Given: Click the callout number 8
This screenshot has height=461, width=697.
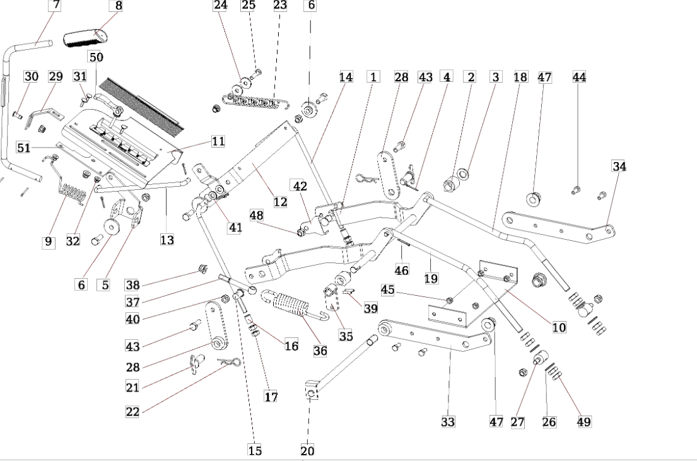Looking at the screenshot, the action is (x=118, y=5).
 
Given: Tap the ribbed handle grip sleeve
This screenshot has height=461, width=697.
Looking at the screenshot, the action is (x=85, y=38).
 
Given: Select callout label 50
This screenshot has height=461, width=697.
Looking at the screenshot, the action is (x=96, y=57).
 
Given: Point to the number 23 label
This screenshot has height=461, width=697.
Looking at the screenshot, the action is (x=280, y=5).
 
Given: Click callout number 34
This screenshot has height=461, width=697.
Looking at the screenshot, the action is (x=619, y=166).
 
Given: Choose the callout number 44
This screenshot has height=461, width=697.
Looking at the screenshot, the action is (x=579, y=77).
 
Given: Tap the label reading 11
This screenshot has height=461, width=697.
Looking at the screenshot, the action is (x=218, y=141).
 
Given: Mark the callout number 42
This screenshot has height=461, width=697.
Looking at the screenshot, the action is (x=300, y=186).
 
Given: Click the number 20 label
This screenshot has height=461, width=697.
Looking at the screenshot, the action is (x=307, y=450).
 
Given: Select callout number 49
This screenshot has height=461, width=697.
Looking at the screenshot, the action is (x=583, y=421).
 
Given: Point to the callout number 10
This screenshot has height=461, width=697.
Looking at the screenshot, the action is (x=559, y=327).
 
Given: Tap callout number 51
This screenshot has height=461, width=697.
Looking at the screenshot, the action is (x=23, y=147).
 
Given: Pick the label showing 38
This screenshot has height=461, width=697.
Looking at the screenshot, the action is (x=132, y=285).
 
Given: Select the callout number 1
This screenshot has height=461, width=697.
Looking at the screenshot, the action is (x=373, y=77).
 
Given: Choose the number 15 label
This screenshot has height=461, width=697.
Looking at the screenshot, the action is (x=255, y=450).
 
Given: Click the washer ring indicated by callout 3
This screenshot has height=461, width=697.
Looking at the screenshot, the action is (x=463, y=173).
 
